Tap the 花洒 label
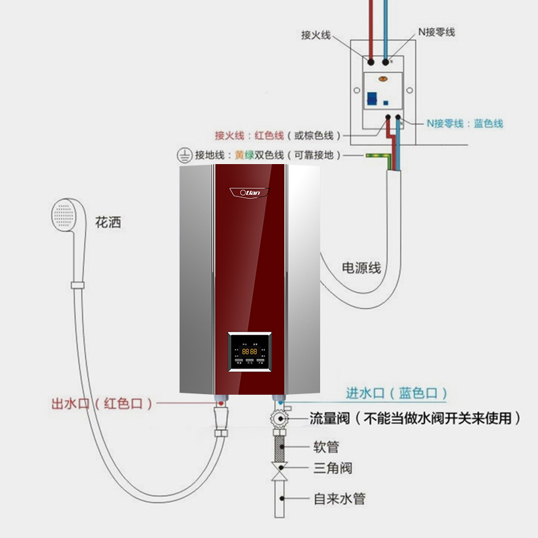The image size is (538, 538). [x=110, y=221]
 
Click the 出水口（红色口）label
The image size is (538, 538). [x=102, y=403]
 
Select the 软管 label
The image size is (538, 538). [x=326, y=446]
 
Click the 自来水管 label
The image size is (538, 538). [x=340, y=499]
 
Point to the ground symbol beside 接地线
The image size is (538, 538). [x=181, y=155]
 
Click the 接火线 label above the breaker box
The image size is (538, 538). [x=316, y=34]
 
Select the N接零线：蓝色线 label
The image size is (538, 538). [x=464, y=124]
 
